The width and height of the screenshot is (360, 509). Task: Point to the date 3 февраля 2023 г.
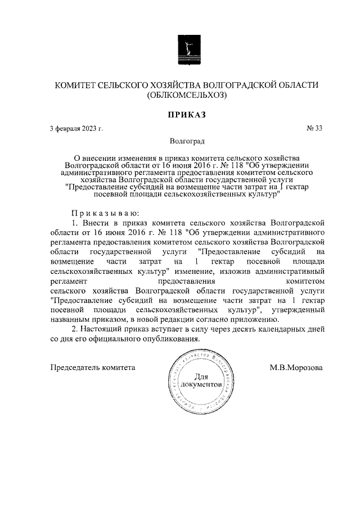click(76, 129)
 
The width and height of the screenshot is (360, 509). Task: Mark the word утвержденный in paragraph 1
click(298, 309)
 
